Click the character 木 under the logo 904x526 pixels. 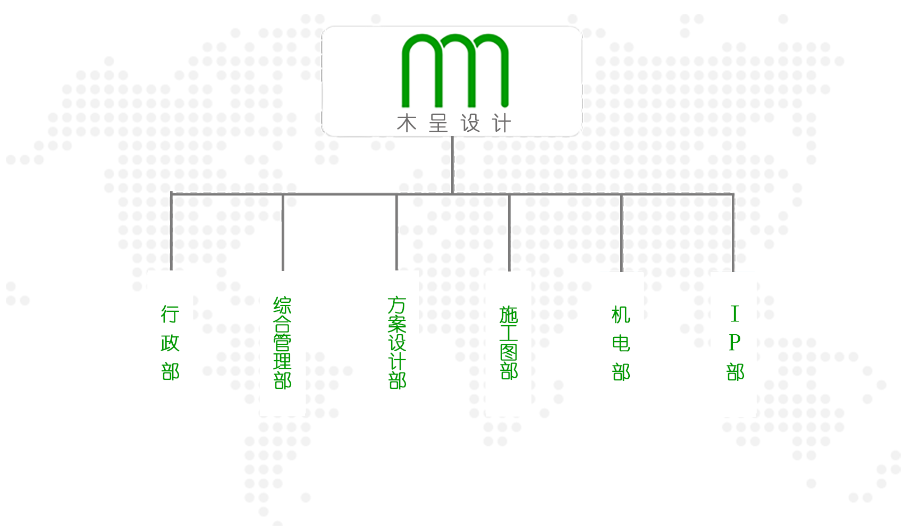pos(407,124)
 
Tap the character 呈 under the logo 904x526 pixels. pos(438,124)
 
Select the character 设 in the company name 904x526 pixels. pos(470,124)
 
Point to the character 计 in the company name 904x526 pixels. pos(502,124)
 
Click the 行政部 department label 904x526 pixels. pos(170,343)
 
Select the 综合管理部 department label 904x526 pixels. pos(283,343)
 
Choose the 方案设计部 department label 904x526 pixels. pos(397,343)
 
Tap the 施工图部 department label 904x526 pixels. pos(509,343)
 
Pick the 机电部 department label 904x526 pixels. pos(621,343)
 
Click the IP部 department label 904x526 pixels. pos(735,343)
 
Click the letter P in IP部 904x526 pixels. pos(735,343)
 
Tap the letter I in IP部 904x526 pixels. pos(735,314)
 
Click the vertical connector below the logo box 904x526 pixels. pos(452,165)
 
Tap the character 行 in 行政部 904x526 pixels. pos(170,314)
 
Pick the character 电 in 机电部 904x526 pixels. pos(621,343)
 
